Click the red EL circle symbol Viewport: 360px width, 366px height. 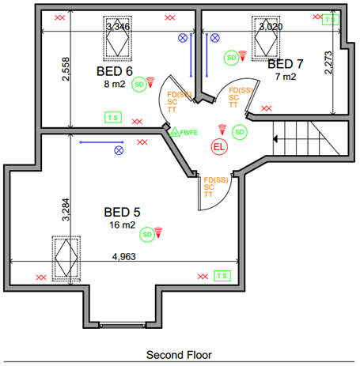[x=219, y=147]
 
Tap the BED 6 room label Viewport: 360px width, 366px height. [x=115, y=71]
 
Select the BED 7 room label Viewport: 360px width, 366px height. [x=286, y=64]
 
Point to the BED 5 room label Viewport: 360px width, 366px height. [x=122, y=212]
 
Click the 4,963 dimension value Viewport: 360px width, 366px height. [x=124, y=256]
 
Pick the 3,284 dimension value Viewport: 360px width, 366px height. [x=66, y=209]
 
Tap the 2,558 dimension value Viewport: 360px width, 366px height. [x=66, y=69]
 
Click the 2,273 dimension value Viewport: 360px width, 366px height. [x=328, y=62]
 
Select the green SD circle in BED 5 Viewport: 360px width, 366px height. [x=147, y=235]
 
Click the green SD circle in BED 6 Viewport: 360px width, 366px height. [x=139, y=85]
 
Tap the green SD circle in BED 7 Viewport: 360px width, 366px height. [x=232, y=58]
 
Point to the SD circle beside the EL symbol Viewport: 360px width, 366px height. [x=240, y=132]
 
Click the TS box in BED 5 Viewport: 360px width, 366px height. [x=222, y=276]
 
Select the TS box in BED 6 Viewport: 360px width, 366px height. [x=113, y=118]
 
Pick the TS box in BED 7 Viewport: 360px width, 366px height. [x=331, y=20]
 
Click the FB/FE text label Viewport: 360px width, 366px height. [x=189, y=133]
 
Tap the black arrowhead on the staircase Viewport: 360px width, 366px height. [x=275, y=139]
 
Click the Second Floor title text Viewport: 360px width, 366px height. [x=179, y=355]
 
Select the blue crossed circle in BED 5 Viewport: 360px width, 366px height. [x=119, y=150]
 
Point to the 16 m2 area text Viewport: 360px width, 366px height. [x=123, y=225]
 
